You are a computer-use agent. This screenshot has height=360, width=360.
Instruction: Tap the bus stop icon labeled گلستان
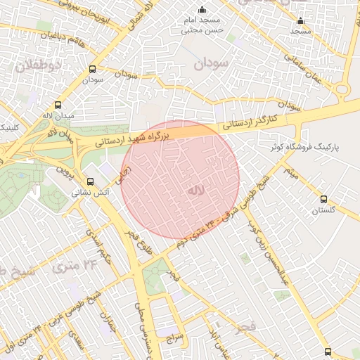pos(323,199)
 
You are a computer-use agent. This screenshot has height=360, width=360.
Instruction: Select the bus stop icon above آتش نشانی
pos(89,181)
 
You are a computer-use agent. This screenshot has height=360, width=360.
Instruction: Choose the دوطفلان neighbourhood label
pos(38,65)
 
